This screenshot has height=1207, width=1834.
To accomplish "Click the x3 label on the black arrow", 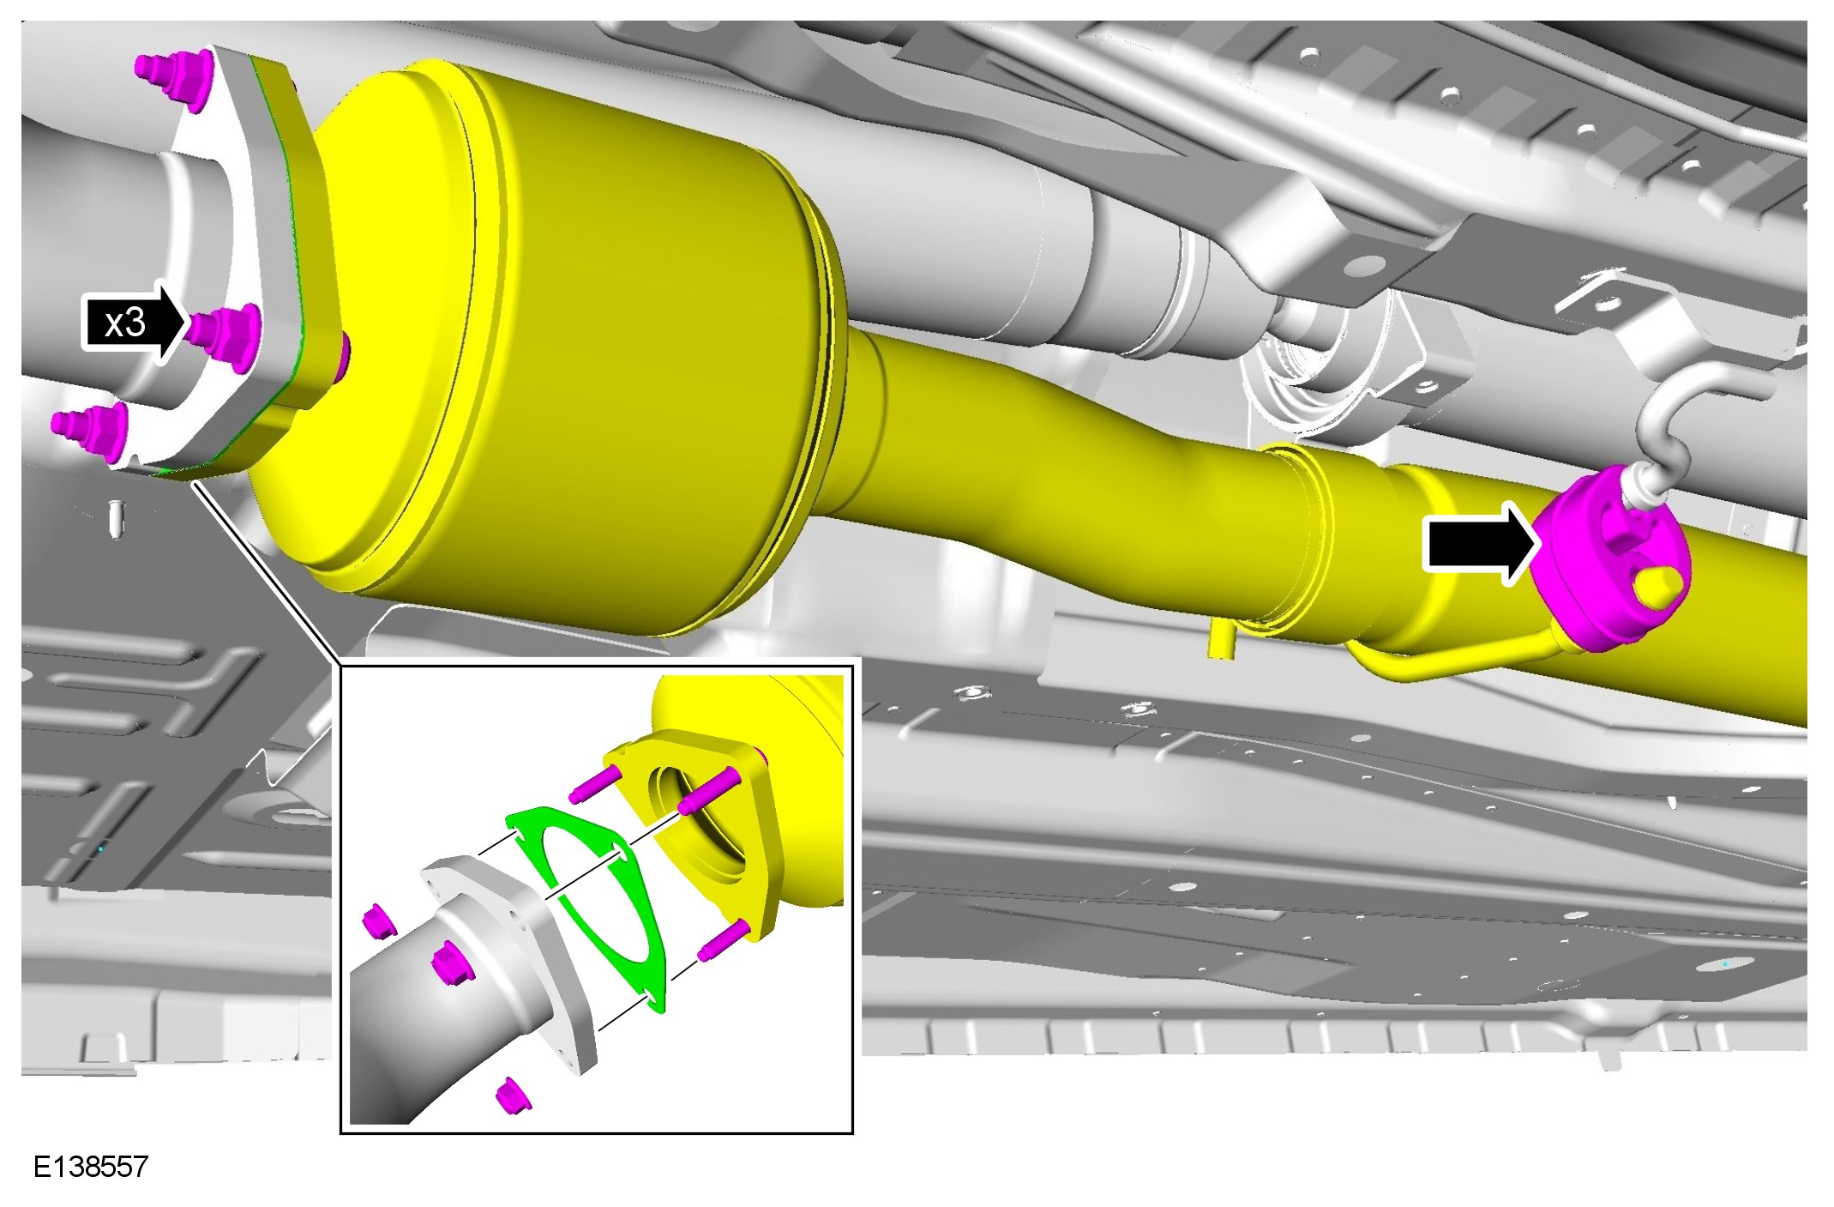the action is click(125, 323).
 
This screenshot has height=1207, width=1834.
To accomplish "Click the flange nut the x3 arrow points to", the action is click(225, 334).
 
